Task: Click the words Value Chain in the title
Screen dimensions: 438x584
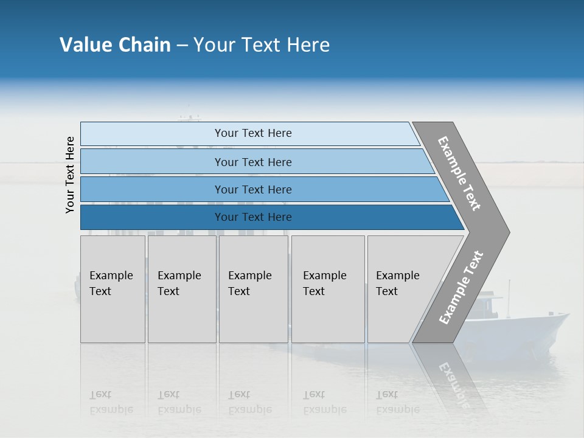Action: (x=115, y=45)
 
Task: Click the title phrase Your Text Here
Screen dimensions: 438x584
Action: (x=262, y=45)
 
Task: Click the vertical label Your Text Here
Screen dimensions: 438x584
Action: (x=70, y=175)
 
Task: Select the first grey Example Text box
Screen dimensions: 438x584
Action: (x=113, y=289)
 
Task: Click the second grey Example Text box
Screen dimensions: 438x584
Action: (x=181, y=289)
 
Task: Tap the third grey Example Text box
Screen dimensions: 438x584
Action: (x=253, y=289)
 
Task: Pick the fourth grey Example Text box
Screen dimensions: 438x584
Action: (x=327, y=289)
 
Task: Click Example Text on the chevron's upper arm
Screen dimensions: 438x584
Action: (x=459, y=173)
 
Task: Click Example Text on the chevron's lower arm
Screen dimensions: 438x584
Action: (x=461, y=287)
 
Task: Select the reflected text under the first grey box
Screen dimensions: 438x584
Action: (x=111, y=402)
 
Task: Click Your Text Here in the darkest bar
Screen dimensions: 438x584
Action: (x=253, y=217)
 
